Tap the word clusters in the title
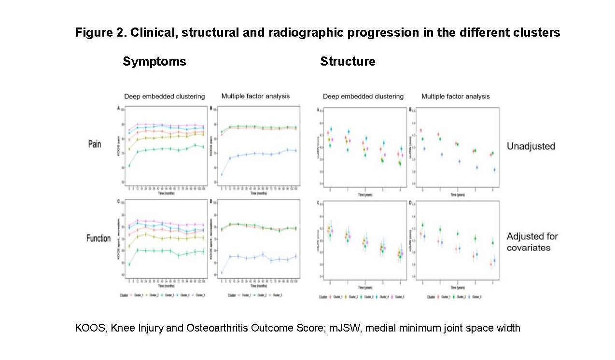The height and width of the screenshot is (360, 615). (535, 33)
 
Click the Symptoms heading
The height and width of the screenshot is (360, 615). (154, 62)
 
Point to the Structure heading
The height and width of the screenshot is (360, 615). (348, 62)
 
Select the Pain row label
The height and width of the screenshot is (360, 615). (94, 144)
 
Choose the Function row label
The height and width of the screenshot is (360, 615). (98, 238)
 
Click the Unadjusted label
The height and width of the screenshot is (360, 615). (531, 146)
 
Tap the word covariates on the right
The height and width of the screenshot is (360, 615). (529, 248)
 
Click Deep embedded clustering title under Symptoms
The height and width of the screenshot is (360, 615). (164, 96)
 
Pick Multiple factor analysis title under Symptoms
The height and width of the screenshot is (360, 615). (255, 96)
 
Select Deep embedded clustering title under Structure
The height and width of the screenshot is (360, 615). (363, 97)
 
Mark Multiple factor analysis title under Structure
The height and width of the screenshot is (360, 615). (455, 97)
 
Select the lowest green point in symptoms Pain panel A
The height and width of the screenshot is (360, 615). (129, 166)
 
